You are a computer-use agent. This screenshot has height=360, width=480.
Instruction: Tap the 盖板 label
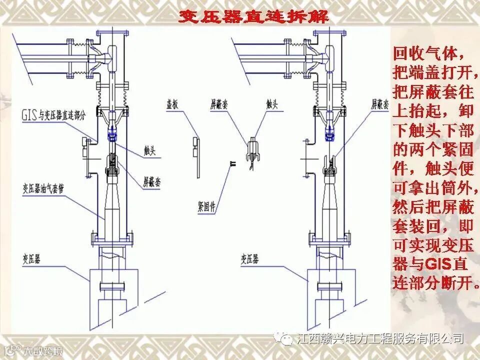(173, 104)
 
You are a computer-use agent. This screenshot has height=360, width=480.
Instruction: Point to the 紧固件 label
(206, 206)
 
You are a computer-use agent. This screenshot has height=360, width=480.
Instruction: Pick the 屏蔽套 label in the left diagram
(152, 181)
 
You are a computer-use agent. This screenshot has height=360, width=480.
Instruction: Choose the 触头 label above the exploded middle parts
(272, 104)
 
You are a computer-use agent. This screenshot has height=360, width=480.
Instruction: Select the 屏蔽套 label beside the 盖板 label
(219, 104)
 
